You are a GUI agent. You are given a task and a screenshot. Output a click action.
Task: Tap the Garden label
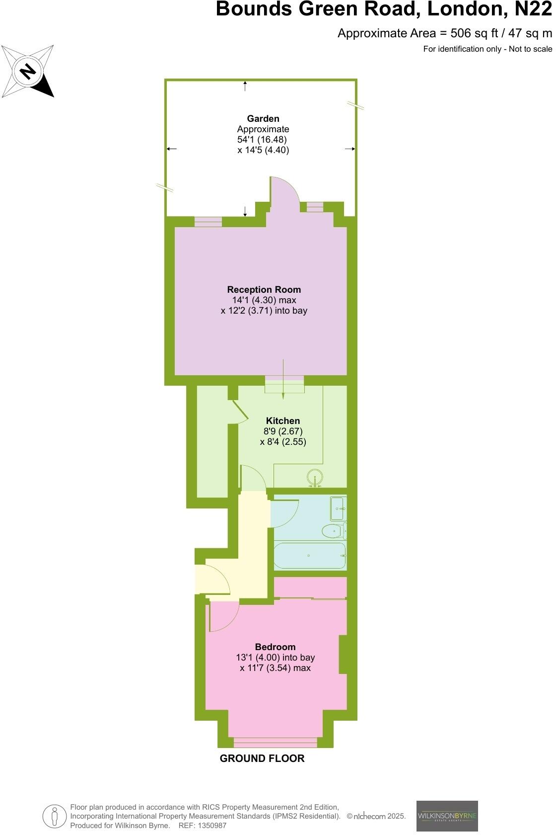pyautogui.click(x=263, y=118)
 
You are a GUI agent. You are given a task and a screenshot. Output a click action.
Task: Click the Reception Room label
pyautogui.click(x=264, y=289)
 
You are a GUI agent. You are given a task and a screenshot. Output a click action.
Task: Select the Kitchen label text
pyautogui.click(x=283, y=420)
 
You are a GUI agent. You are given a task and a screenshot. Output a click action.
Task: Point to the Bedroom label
pyautogui.click(x=275, y=647)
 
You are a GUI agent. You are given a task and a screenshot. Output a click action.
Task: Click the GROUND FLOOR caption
pyautogui.click(x=262, y=758)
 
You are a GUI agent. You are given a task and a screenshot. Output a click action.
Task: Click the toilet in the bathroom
pyautogui.click(x=334, y=531)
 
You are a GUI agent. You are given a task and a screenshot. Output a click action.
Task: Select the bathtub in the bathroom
pyautogui.click(x=310, y=555)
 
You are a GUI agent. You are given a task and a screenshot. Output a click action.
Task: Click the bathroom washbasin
pyautogui.click(x=338, y=508)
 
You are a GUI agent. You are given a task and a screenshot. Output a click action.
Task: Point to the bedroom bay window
pyautogui.click(x=275, y=743)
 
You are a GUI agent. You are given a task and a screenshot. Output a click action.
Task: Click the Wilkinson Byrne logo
pyautogui.click(x=447, y=816)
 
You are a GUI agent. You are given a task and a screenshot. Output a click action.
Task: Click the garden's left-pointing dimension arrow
pyautogui.click(x=171, y=149)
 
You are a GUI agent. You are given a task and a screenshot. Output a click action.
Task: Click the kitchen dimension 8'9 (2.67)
pyautogui.click(x=283, y=431)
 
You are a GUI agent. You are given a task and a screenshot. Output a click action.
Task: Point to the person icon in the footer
pyautogui.click(x=55, y=816)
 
